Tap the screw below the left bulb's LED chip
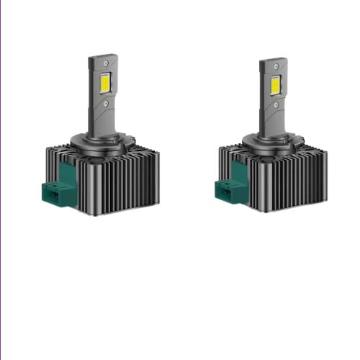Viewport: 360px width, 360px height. pos(106,104)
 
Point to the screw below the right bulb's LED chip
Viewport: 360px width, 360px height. pos(277,104)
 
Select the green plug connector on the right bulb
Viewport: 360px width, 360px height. pos(228,192)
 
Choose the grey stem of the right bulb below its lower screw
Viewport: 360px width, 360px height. pos(277,121)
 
